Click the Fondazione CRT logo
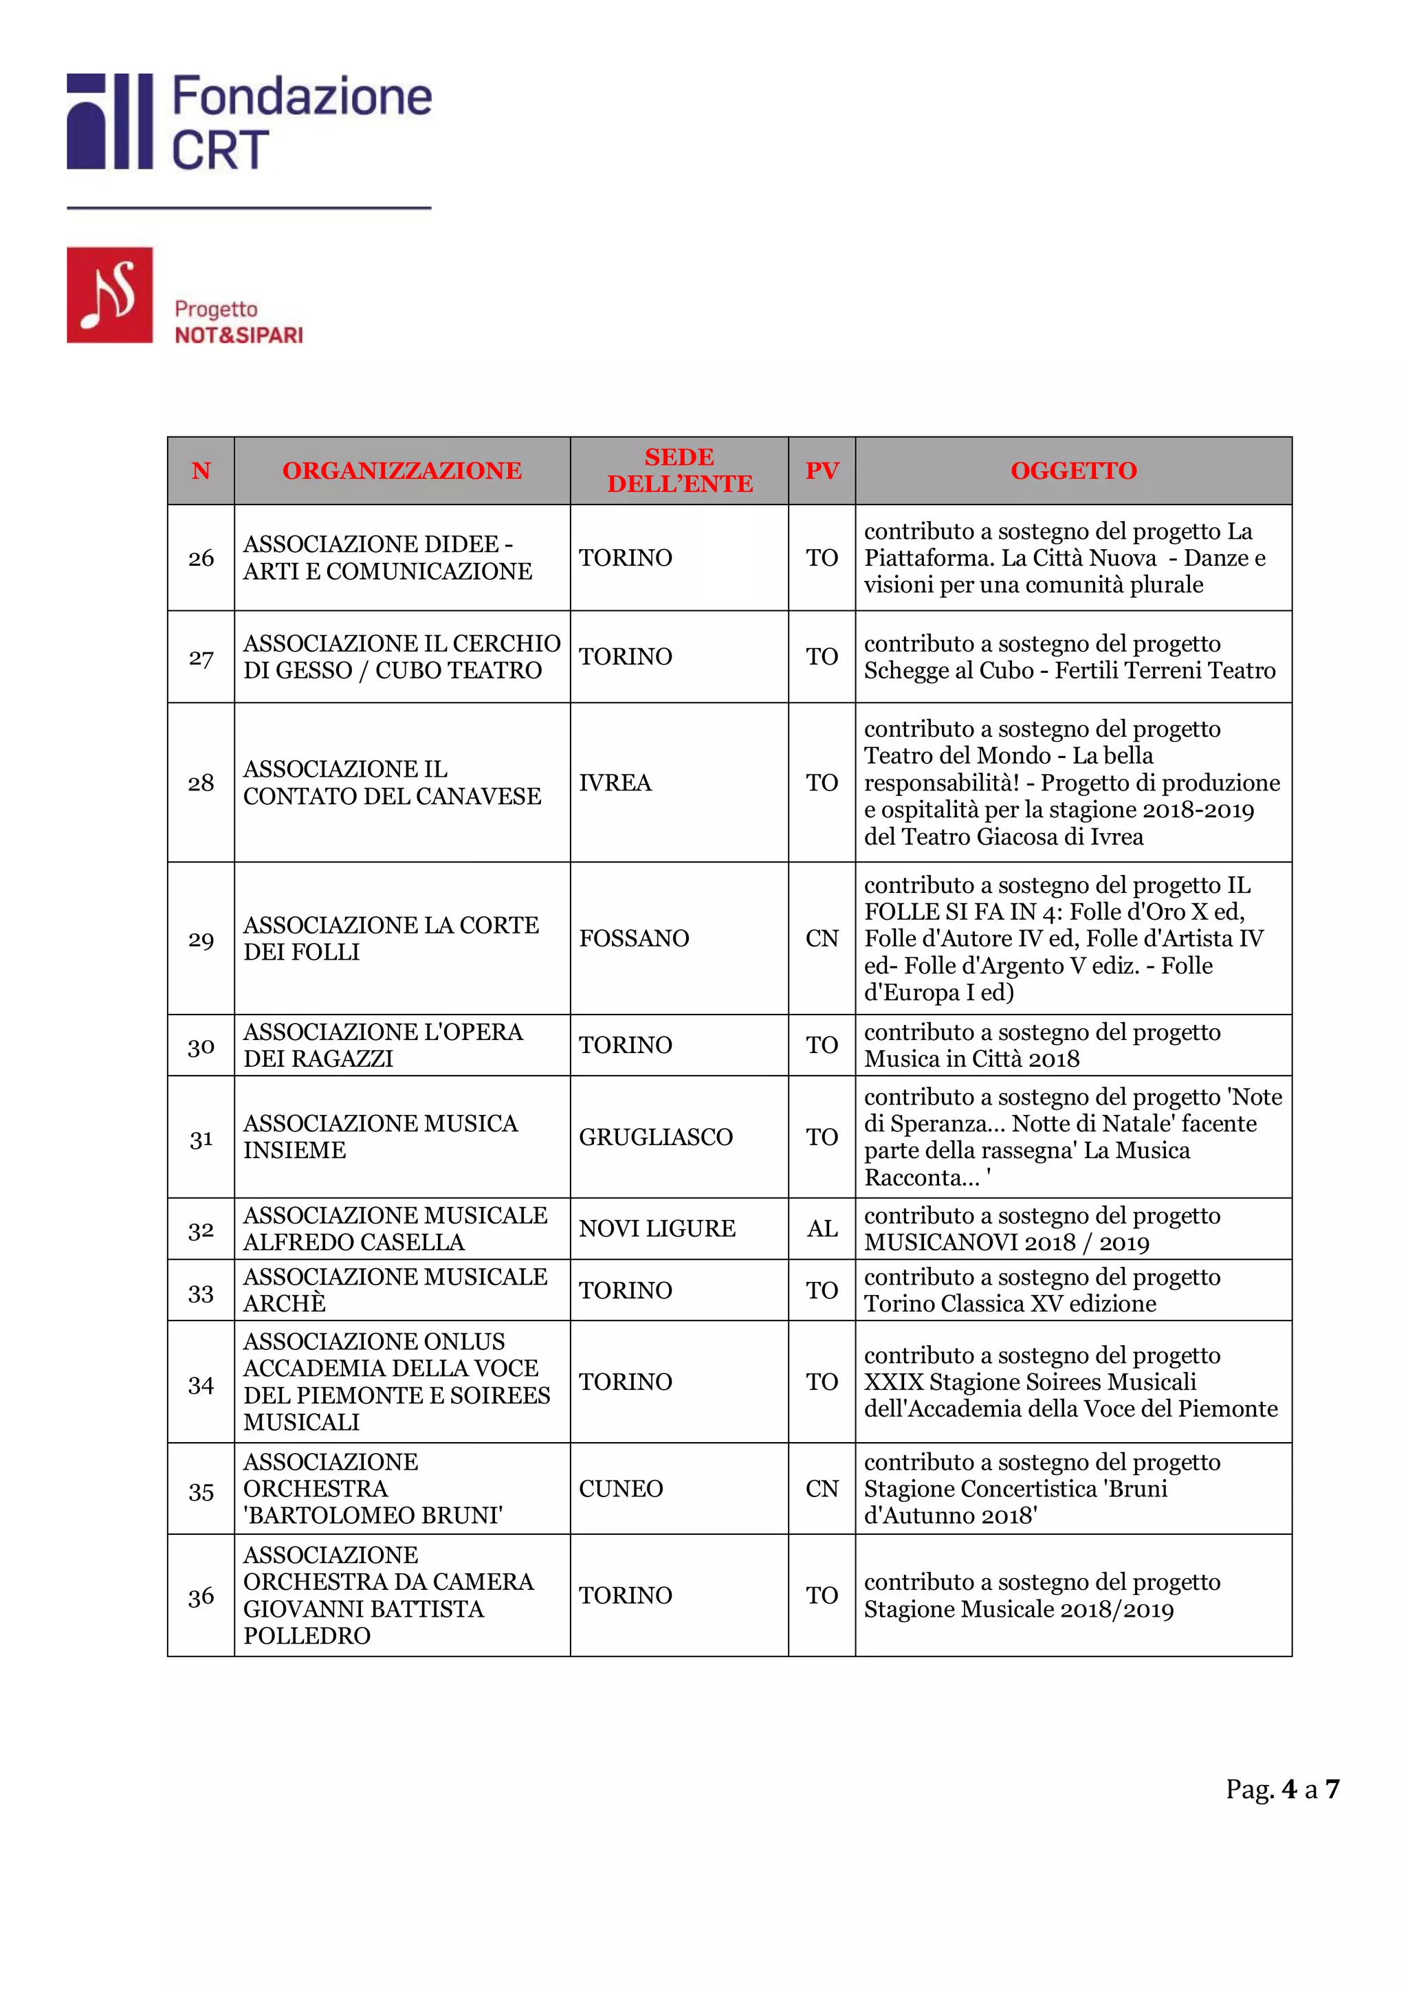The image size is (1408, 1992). point(248,122)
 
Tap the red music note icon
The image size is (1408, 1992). point(109,295)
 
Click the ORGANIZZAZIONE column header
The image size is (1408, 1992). point(401,470)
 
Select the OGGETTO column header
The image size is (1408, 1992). point(1072,470)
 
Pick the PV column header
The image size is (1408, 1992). point(821,470)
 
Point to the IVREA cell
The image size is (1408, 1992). point(615,782)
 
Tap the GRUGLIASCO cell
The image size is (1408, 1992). point(656,1136)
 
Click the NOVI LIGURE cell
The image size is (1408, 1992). point(657,1228)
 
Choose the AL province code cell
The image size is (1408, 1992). point(821,1228)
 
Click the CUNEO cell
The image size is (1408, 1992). point(621,1489)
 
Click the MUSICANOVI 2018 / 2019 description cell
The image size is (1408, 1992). point(1041,1228)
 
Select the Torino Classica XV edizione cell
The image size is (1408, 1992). point(1041,1290)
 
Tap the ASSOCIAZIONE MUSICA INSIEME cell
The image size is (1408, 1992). point(380,1136)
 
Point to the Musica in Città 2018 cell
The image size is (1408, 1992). point(1041,1045)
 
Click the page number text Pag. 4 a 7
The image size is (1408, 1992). point(1281,1789)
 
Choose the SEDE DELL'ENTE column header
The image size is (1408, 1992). point(679,470)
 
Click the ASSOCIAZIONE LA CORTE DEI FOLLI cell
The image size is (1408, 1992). point(390,939)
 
